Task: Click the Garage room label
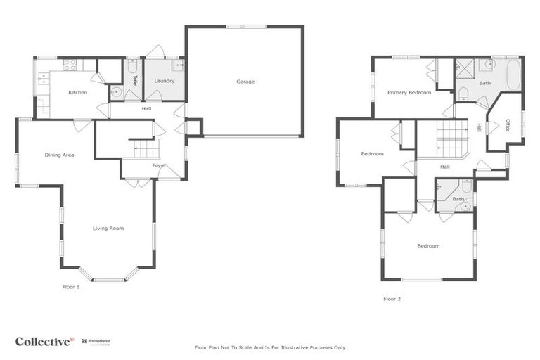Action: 245,82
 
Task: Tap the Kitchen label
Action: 77,93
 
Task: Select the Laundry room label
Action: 164,81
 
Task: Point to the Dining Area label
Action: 59,155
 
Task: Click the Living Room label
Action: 108,228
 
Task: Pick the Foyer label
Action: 159,165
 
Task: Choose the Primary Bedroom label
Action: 409,92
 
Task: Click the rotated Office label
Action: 506,124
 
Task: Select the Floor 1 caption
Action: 71,287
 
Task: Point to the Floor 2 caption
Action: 392,299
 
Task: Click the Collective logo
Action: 44,342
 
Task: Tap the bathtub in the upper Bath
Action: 513,75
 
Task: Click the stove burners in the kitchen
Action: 70,65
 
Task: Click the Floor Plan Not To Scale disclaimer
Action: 269,347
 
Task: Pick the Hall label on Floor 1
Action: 146,109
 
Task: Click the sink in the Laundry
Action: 178,65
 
